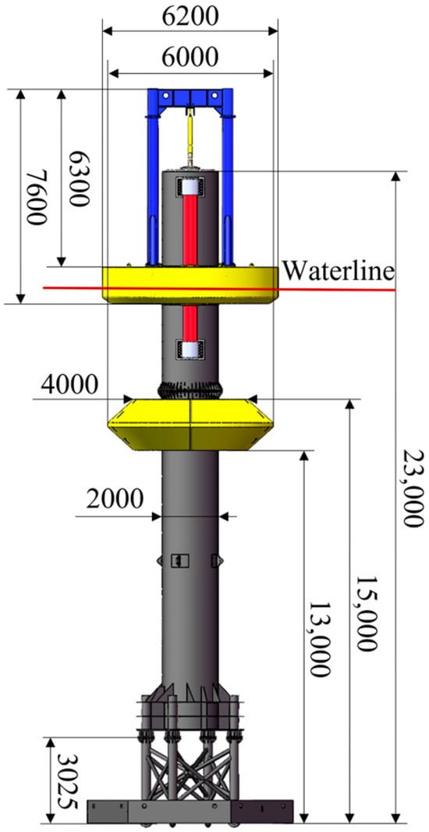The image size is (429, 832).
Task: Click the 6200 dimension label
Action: pyautogui.click(x=190, y=16)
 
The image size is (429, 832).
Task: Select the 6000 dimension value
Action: pyautogui.click(x=190, y=57)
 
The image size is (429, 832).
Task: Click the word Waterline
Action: pyautogui.click(x=338, y=271)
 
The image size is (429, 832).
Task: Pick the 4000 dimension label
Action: pyautogui.click(x=69, y=384)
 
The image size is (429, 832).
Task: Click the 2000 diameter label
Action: pyautogui.click(x=115, y=499)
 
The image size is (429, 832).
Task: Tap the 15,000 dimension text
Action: pyautogui.click(x=367, y=613)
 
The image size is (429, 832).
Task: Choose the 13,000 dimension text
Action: pyautogui.click(x=321, y=639)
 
